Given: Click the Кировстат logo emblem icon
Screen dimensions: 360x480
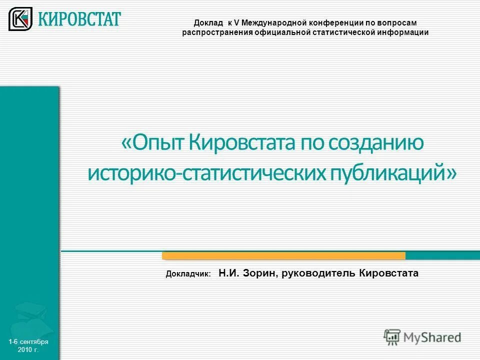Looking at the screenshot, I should click(x=20, y=19).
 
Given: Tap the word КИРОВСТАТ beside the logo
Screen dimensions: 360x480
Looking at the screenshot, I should click(x=79, y=19).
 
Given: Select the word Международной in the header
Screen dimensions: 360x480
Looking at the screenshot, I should click(x=271, y=23).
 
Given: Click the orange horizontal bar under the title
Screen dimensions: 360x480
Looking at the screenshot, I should click(x=283, y=256).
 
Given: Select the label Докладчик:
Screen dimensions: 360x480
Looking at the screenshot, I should click(x=188, y=274).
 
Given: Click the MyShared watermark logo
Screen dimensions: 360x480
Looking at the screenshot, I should click(x=422, y=337).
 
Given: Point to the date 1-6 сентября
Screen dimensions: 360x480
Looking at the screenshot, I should click(x=28, y=341).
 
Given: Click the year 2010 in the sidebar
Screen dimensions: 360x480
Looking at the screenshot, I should click(x=24, y=349).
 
